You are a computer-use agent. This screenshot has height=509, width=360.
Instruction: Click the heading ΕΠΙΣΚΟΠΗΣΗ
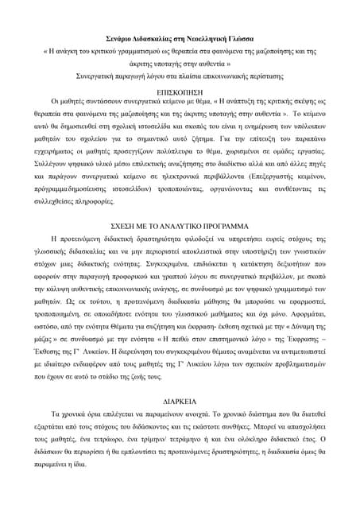(x=180, y=92)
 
